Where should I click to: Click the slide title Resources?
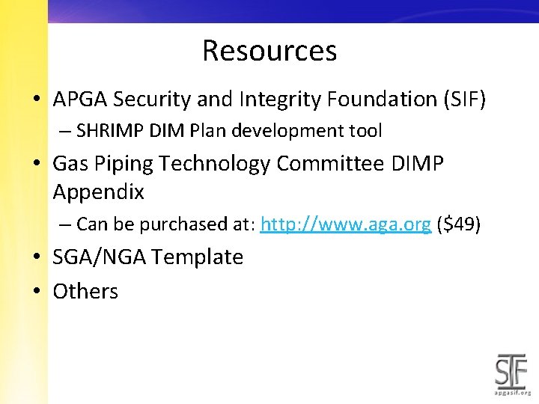269,51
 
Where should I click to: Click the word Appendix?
98,192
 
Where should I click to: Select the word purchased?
174,224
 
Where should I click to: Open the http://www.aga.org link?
345,224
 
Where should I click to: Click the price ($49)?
460,224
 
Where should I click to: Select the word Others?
85,291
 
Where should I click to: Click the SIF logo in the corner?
513,371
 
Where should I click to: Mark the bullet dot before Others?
36,292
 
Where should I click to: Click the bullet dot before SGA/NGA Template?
36,258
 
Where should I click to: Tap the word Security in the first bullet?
152,99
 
